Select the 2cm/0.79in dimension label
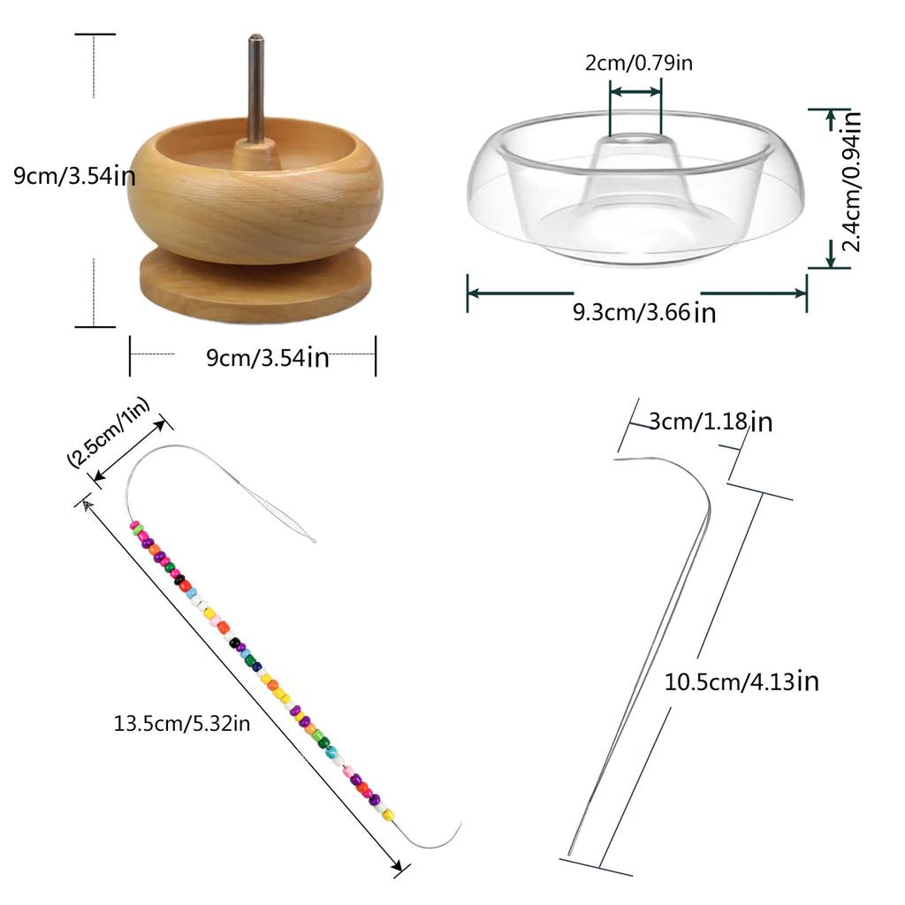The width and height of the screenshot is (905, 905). pos(638,63)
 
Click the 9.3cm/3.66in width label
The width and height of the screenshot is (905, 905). pos(644,312)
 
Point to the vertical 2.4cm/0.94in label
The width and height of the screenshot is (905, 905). pos(852,180)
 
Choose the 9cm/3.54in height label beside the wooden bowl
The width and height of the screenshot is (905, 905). pos(74,176)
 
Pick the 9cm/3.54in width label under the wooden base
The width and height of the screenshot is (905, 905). pos(267,357)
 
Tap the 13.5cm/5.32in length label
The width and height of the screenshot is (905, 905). pos(182,723)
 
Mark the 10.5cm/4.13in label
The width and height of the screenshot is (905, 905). pos(741,681)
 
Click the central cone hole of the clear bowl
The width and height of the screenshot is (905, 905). pos(635,140)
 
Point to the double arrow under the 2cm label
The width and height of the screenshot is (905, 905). pos(635,91)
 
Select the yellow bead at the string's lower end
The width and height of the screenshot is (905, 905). pos(388,814)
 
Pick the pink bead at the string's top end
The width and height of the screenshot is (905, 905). pos(135,526)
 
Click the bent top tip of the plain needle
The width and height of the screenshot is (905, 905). pos(616,460)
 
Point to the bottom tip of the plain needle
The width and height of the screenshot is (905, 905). pos(570,853)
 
